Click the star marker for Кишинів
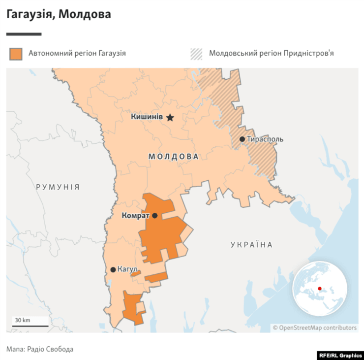[170, 117]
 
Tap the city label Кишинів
[147, 117]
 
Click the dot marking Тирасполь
[243, 139]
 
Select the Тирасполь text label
[265, 139]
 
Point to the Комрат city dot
[155, 216]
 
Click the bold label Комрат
[135, 216]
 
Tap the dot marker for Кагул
[113, 269]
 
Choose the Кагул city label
[127, 269]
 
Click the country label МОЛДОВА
[174, 157]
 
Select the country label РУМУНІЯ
[58, 187]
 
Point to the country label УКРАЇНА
[251, 244]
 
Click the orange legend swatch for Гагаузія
[16, 53]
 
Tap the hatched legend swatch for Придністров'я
[196, 53]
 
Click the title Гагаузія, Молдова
[59, 14]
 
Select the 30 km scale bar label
[23, 320]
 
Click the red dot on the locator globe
[319, 289]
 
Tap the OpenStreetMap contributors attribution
[315, 327]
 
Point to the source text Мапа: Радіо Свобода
[40, 349]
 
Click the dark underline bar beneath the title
[24, 34]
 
